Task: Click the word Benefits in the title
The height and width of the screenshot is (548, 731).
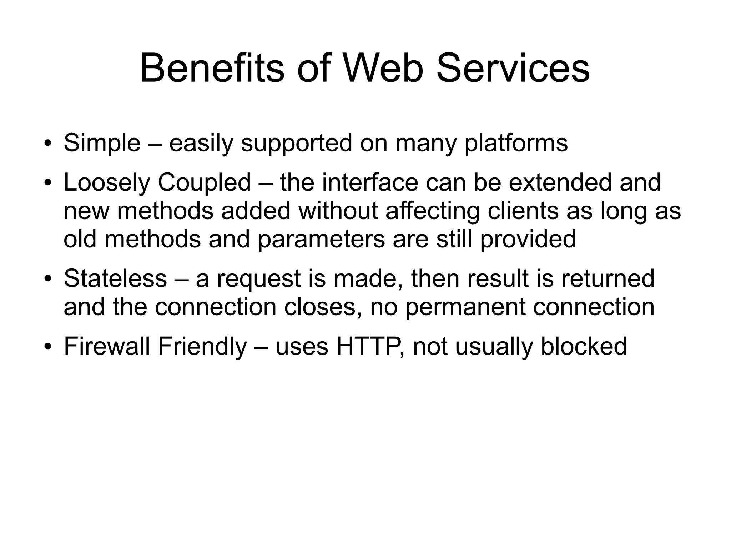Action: coord(212,68)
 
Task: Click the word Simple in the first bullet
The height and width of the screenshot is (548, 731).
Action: coord(102,143)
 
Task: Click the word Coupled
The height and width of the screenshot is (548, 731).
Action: coord(205,183)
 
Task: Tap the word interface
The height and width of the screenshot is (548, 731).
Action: coord(370,183)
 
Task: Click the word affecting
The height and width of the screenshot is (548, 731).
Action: coord(433,211)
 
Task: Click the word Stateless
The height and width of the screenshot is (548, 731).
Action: coord(115,278)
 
